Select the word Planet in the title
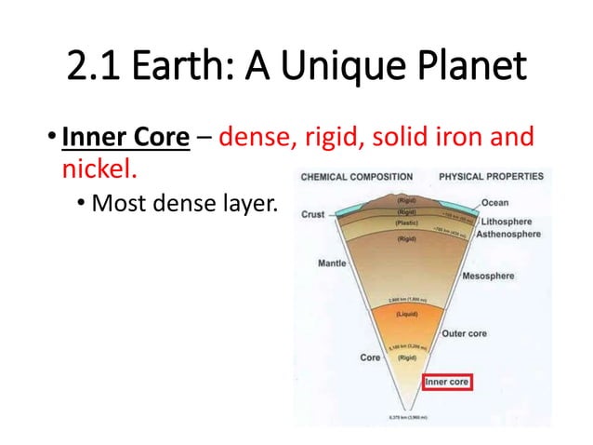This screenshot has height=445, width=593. [x=464, y=68]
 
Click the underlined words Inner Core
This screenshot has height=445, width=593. [x=125, y=140]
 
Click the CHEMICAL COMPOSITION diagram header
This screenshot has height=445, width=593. [x=359, y=175]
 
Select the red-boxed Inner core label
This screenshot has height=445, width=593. [x=448, y=381]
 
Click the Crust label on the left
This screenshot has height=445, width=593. [x=313, y=214]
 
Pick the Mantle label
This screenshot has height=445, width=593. [x=332, y=263]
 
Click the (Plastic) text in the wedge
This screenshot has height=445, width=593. [x=406, y=224]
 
